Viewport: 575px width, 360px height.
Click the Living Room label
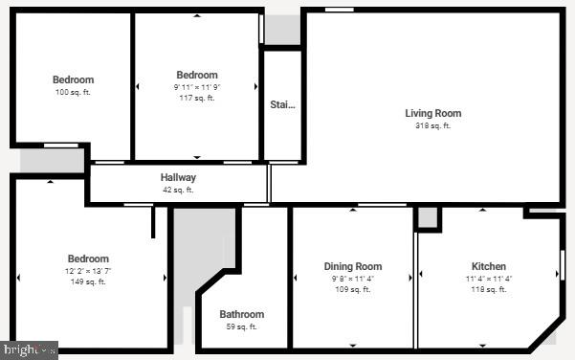pyautogui.click(x=432, y=113)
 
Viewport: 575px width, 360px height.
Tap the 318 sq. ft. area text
pyautogui.click(x=432, y=125)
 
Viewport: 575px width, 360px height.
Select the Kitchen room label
pyautogui.click(x=489, y=266)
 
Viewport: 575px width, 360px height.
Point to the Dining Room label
pyautogui.click(x=353, y=266)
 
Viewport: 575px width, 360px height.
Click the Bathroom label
pyautogui.click(x=241, y=314)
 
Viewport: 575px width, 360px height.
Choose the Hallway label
pyautogui.click(x=178, y=177)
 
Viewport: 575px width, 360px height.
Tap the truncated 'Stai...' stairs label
pyautogui.click(x=282, y=104)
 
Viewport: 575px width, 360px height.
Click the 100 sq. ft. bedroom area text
pyautogui.click(x=73, y=92)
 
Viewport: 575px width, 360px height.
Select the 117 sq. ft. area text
pyautogui.click(x=197, y=98)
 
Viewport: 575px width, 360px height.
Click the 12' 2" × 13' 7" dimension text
pyautogui.click(x=88, y=271)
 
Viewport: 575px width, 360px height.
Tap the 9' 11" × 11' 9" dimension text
pyautogui.click(x=197, y=87)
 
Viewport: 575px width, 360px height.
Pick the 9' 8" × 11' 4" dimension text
pyautogui.click(x=353, y=279)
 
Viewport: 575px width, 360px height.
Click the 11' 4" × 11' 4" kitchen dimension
pyautogui.click(x=489, y=279)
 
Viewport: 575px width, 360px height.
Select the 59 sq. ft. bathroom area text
pyautogui.click(x=241, y=326)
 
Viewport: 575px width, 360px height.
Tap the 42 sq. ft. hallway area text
pyautogui.click(x=178, y=190)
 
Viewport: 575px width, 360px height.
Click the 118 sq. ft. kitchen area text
pyautogui.click(x=489, y=289)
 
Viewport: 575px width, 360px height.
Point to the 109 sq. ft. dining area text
pyautogui.click(x=353, y=289)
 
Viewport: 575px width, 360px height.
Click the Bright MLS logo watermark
pyautogui.click(x=29, y=350)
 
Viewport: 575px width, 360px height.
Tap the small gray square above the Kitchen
pyautogui.click(x=428, y=218)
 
